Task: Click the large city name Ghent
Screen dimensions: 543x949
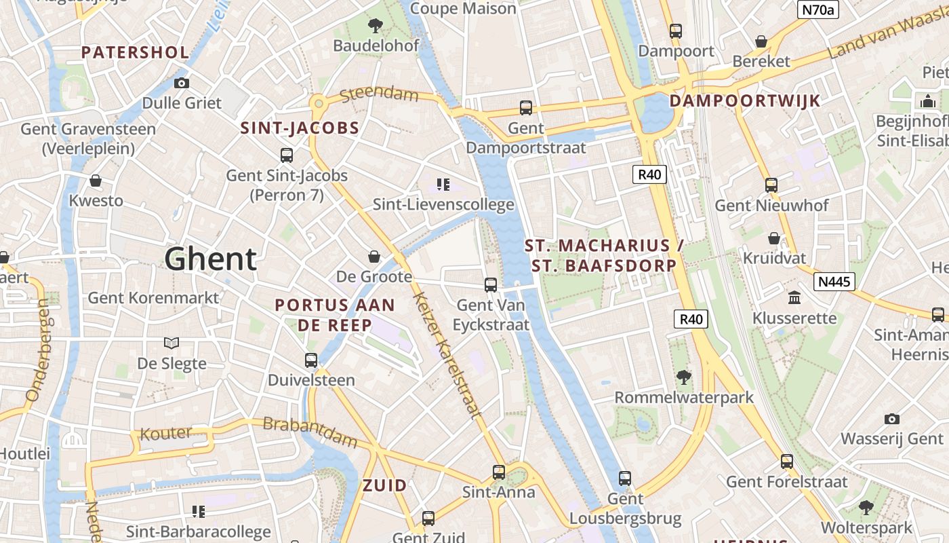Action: coord(211,259)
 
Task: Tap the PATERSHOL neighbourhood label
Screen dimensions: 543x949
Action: coord(135,52)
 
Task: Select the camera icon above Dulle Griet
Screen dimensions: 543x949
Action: coord(181,83)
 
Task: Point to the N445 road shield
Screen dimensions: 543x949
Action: coord(834,281)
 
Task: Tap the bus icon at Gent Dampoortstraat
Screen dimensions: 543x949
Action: coord(525,107)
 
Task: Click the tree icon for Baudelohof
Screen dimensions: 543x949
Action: coord(375,26)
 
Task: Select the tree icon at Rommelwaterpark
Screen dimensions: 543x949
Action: coord(683,377)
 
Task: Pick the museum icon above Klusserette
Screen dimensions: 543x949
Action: coord(794,297)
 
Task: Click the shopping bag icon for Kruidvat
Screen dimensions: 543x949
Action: coord(773,238)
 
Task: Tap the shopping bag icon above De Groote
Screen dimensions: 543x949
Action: coord(373,256)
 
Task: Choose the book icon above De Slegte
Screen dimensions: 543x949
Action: coord(171,343)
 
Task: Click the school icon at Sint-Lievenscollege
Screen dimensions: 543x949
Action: coord(443,184)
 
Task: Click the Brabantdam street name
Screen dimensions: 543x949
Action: coord(309,432)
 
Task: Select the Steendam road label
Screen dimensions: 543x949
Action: coord(379,93)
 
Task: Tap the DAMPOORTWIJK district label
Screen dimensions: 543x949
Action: coord(744,101)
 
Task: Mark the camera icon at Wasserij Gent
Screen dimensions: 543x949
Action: coord(891,419)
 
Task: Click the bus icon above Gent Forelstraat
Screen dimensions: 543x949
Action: coord(786,462)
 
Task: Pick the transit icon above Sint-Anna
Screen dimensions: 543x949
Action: coord(499,472)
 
